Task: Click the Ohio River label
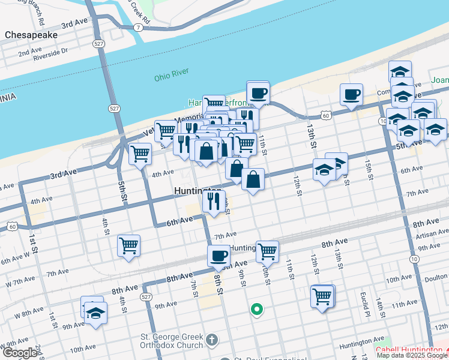click(x=171, y=76)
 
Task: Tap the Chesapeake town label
click(x=31, y=35)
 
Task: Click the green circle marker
click(x=256, y=310)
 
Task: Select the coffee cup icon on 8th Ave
click(x=219, y=256)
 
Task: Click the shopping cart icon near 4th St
click(x=128, y=245)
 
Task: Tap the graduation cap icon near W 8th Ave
click(x=95, y=313)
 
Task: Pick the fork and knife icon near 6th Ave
click(x=214, y=201)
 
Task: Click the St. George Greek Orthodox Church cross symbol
click(x=211, y=341)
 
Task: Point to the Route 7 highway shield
click(x=139, y=28)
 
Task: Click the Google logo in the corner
click(x=19, y=353)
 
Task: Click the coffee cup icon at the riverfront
click(x=258, y=93)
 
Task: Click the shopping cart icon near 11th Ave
click(x=322, y=295)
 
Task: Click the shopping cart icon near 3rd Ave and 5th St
click(x=140, y=153)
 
